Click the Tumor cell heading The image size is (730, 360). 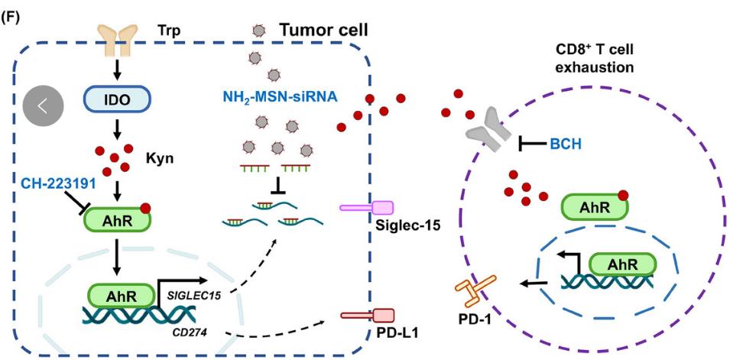[x=323, y=31]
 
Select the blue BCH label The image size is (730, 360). [x=566, y=142]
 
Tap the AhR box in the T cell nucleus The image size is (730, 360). [x=621, y=264]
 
